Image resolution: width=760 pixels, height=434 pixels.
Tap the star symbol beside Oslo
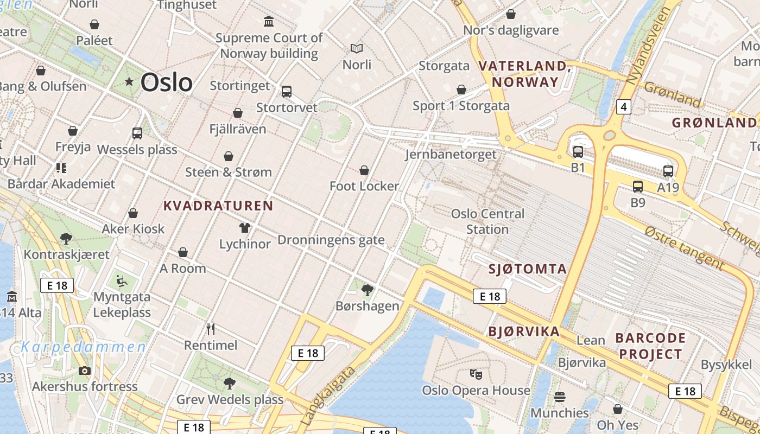pyautogui.click(x=129, y=82)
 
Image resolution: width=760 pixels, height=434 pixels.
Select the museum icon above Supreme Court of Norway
pyautogui.click(x=269, y=22)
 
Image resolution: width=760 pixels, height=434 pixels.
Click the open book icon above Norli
pyautogui.click(x=357, y=49)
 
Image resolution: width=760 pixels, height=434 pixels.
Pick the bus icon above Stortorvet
pyautogui.click(x=287, y=92)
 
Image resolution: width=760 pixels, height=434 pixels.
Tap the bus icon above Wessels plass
pyautogui.click(x=137, y=133)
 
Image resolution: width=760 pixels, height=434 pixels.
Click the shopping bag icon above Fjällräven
pyautogui.click(x=238, y=113)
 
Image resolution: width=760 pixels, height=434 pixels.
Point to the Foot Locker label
pyautogui.click(x=364, y=186)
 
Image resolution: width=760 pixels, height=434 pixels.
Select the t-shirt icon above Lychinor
pyautogui.click(x=245, y=228)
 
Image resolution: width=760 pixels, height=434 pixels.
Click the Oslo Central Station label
pyautogui.click(x=487, y=221)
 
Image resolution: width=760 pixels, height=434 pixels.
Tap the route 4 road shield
pyautogui.click(x=624, y=107)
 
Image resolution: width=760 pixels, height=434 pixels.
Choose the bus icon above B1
pyautogui.click(x=578, y=152)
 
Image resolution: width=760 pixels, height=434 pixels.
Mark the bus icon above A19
pyautogui.click(x=668, y=171)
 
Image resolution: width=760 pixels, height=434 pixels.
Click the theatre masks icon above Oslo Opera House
pyautogui.click(x=476, y=374)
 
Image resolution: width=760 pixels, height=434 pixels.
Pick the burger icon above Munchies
pyautogui.click(x=560, y=397)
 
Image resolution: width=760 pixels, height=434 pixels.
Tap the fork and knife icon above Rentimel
pyautogui.click(x=211, y=329)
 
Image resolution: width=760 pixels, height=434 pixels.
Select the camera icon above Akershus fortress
pyautogui.click(x=85, y=371)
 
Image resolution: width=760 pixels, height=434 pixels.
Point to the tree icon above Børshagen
pyautogui.click(x=368, y=290)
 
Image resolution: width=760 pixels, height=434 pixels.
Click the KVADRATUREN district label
pyautogui.click(x=218, y=206)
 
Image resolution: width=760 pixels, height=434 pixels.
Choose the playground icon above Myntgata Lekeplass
pyautogui.click(x=122, y=281)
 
